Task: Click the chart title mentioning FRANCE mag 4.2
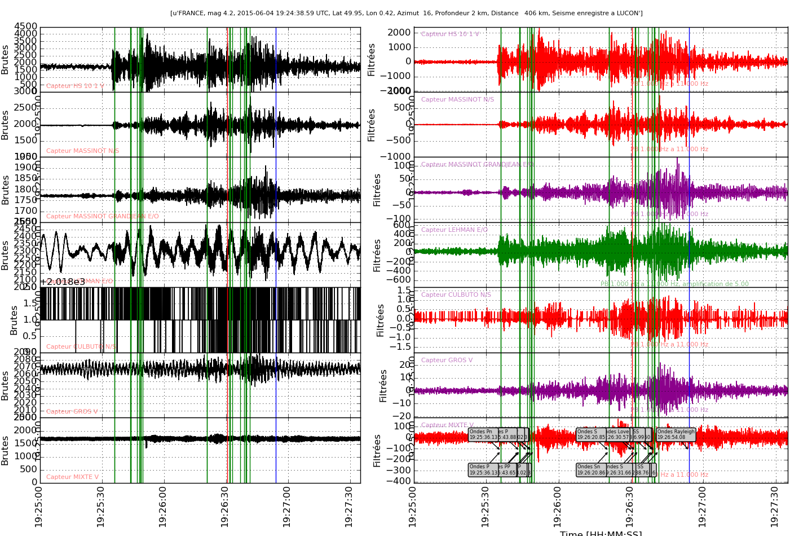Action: pyautogui.click(x=406, y=13)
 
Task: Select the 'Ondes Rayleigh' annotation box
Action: pyautogui.click(x=676, y=434)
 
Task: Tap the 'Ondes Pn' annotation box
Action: pyautogui.click(x=482, y=434)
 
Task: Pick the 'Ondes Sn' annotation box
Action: pyautogui.click(x=590, y=470)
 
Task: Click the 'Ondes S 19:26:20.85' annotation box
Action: pyautogui.click(x=590, y=434)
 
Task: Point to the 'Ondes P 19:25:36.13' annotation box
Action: pyautogui.click(x=482, y=470)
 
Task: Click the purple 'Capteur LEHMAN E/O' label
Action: pyautogui.click(x=454, y=230)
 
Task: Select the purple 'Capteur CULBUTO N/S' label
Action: pyautogui.click(x=456, y=295)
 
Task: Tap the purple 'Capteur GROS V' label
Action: pyautogui.click(x=447, y=360)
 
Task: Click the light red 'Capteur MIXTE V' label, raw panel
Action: pyautogui.click(x=72, y=477)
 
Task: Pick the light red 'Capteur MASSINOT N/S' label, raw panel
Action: pyautogui.click(x=82, y=151)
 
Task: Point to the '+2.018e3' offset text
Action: pyautogui.click(x=62, y=282)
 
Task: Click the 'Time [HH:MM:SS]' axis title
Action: pyautogui.click(x=601, y=533)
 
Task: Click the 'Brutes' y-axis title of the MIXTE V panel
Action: pyautogui.click(x=5, y=450)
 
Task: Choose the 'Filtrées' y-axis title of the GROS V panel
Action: pyautogui.click(x=383, y=385)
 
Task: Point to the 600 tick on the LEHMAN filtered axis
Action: pyautogui.click(x=403, y=225)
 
